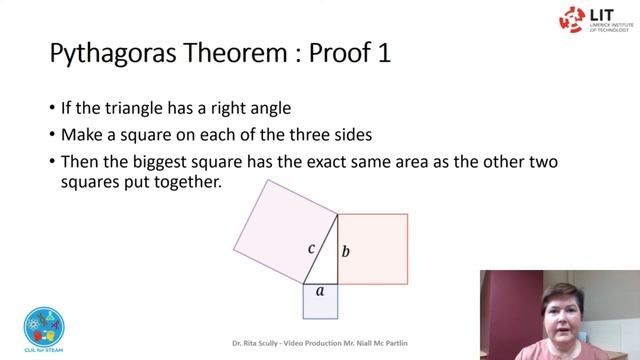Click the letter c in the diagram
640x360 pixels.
pos(312,248)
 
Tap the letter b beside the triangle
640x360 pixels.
pos(346,250)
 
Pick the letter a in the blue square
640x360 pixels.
pos(320,291)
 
